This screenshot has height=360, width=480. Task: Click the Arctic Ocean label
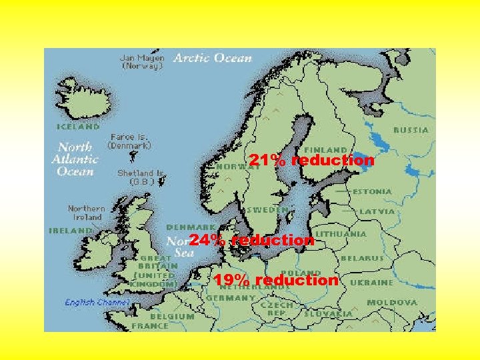point(213,58)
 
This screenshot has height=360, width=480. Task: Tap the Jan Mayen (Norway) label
point(142,62)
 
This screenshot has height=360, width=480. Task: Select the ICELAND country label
point(78,125)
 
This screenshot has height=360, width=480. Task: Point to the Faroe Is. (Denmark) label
point(130,141)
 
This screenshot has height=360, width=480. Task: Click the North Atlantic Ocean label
point(75,159)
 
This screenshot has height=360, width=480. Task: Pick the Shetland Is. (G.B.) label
point(141,177)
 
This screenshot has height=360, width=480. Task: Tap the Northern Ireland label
point(86,212)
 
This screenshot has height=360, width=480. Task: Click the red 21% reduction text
point(311,161)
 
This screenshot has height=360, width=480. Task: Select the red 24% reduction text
point(251,239)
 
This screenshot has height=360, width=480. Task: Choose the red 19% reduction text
point(275,280)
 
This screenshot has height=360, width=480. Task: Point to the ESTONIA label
point(372,191)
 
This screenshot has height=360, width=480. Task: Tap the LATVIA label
point(377,211)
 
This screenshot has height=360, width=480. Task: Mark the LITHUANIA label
point(341,234)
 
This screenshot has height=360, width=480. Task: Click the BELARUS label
point(362,257)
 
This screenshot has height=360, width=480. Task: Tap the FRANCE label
point(150,326)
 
